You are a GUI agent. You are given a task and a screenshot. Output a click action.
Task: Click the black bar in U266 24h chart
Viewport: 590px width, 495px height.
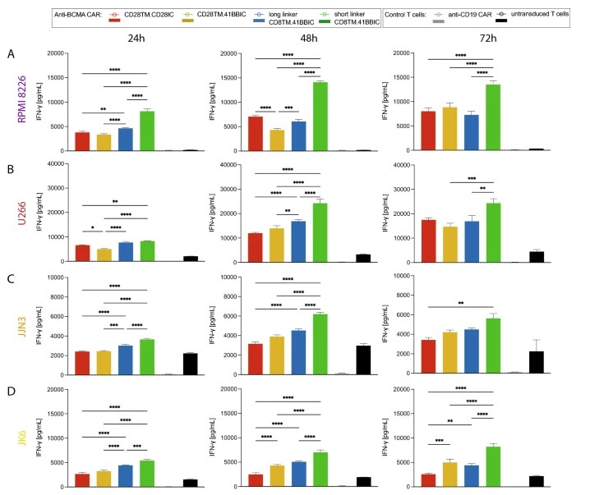[x=190, y=259]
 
